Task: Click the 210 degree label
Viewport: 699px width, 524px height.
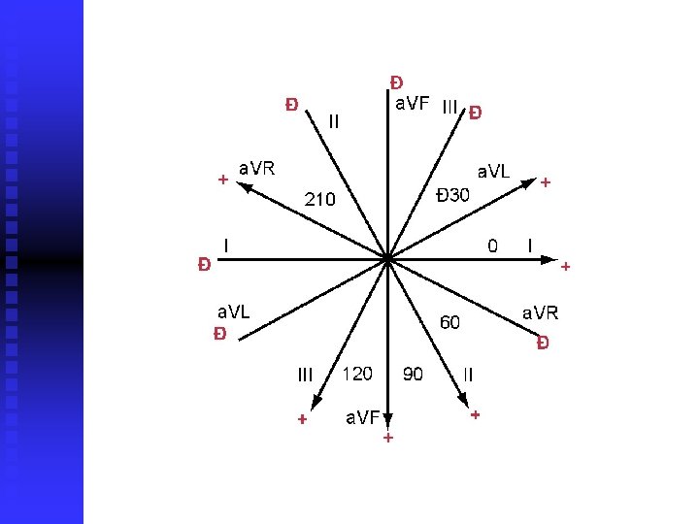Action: [x=320, y=200]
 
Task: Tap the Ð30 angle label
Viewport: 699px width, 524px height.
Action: [x=452, y=195]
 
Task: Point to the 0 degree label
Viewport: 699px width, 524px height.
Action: [x=492, y=246]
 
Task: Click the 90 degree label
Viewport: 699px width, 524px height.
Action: [x=413, y=374]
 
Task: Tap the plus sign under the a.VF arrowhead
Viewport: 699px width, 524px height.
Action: [x=387, y=439]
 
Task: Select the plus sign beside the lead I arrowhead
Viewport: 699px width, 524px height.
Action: [x=566, y=266]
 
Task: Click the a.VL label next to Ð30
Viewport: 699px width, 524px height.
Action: [x=492, y=172]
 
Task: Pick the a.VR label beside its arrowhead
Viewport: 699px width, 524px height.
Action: [x=257, y=168]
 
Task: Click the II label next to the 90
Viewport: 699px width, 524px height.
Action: [x=468, y=374]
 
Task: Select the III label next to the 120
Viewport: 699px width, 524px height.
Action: [x=306, y=375]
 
